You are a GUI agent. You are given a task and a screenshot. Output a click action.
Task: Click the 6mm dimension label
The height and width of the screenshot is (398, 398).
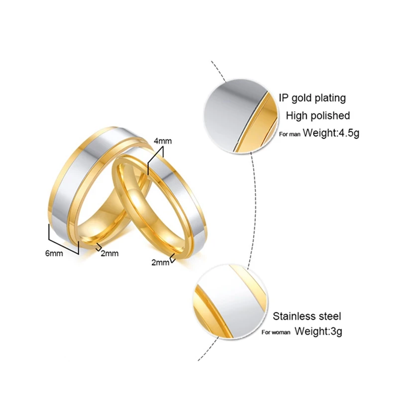click(x=54, y=254)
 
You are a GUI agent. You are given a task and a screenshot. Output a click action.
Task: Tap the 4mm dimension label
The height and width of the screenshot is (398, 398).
click(x=163, y=141)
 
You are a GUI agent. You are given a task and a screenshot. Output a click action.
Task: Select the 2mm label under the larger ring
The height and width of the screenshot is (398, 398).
click(x=109, y=254)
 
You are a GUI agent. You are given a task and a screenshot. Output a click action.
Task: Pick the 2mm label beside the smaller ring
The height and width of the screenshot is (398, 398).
click(x=160, y=262)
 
